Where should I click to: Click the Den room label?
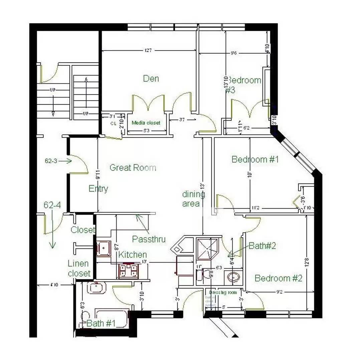click(x=151, y=79)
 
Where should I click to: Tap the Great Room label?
click(x=133, y=168)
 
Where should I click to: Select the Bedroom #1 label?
click(x=255, y=159)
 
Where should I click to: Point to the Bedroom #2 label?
click(x=279, y=278)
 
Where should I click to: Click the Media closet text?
click(x=146, y=123)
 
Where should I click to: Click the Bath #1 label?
click(x=101, y=324)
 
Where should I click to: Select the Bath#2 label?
click(x=262, y=246)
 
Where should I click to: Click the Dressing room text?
click(x=223, y=292)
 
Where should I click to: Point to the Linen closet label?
click(x=79, y=268)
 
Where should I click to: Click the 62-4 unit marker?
click(x=52, y=205)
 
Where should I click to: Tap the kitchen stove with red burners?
click(x=128, y=270)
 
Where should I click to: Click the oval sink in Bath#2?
click(x=234, y=277)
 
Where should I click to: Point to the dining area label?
click(x=193, y=199)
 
